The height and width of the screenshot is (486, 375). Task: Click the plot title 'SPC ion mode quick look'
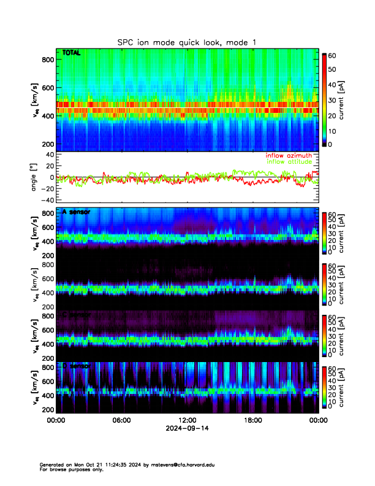186,42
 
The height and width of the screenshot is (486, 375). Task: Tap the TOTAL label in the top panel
71,53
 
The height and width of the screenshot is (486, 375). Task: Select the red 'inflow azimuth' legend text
292,155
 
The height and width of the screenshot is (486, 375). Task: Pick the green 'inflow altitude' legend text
292,161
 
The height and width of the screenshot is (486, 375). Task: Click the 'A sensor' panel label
76,212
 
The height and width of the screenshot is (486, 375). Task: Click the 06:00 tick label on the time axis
121,420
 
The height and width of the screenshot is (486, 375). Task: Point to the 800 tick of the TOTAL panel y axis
48,59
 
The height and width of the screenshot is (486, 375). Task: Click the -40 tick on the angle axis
47,200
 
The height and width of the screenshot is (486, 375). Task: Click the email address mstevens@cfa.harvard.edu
181,465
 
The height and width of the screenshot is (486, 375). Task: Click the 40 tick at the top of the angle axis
50,155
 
